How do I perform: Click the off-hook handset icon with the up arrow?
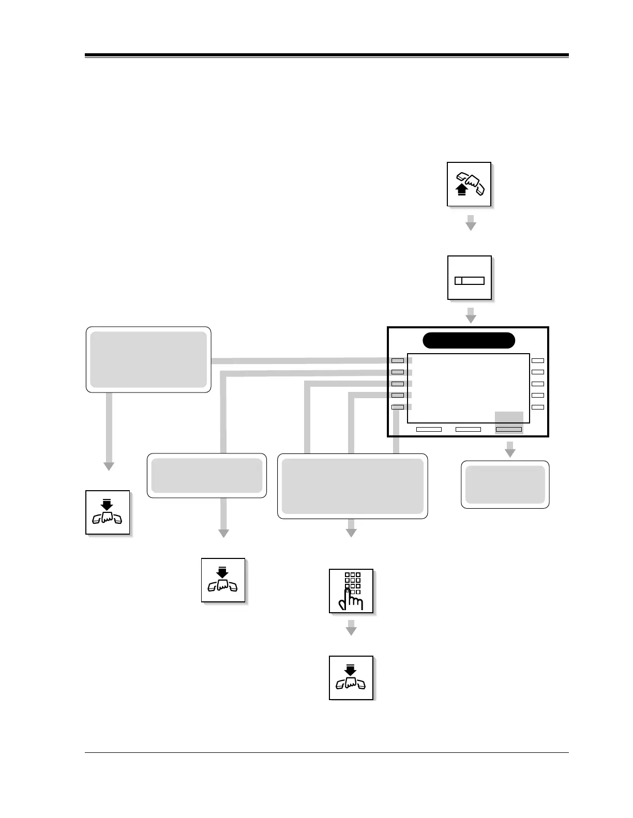(x=469, y=185)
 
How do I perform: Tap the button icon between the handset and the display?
(x=469, y=278)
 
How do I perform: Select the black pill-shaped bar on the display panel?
(x=469, y=341)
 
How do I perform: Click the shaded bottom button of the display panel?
(x=509, y=429)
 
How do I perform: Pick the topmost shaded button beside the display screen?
(x=398, y=360)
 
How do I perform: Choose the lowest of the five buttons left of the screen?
(x=398, y=407)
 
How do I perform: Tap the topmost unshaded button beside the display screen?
(x=538, y=360)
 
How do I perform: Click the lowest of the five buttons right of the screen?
(x=538, y=407)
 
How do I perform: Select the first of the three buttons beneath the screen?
(x=429, y=429)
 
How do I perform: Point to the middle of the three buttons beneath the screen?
(x=468, y=429)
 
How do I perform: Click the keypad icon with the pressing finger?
(x=351, y=591)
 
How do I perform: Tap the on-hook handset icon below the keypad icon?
(x=351, y=678)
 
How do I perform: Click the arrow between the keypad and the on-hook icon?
(x=351, y=628)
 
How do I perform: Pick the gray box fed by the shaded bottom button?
(x=505, y=484)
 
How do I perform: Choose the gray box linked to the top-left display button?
(x=148, y=359)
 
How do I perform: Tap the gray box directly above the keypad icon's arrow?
(x=353, y=486)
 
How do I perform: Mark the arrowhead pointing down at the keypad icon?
(x=351, y=533)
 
